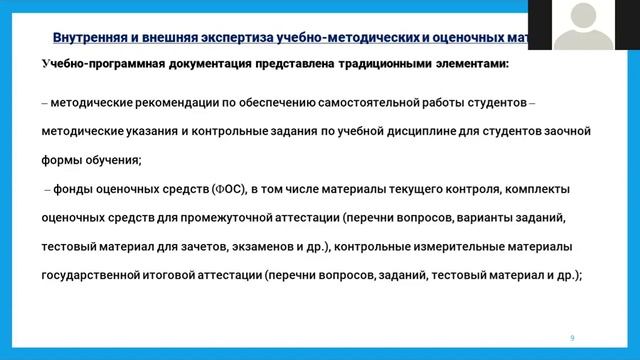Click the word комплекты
tap(541, 187)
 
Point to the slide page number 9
tap(572, 338)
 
